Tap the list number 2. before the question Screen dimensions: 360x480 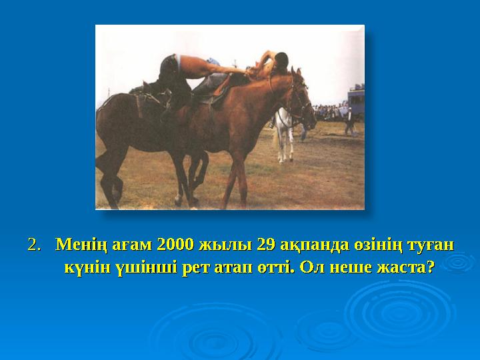tap(35, 245)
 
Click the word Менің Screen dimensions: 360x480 tap(77, 245)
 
